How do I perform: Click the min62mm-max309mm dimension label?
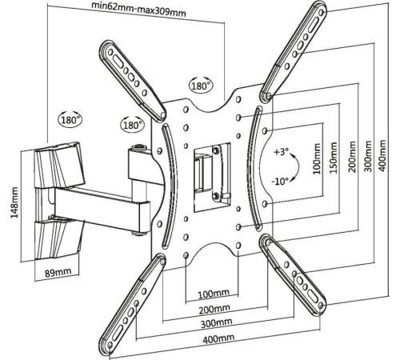138,10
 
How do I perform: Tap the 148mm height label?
14,202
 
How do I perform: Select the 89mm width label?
58,273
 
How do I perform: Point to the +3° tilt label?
281,152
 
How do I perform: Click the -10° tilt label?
280,182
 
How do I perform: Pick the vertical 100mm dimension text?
317,159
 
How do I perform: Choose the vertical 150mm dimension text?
334,158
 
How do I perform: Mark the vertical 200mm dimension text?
352,157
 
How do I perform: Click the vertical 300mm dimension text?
368,156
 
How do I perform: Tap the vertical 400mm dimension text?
382,155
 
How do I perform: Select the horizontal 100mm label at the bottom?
214,294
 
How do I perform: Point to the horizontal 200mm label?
214,309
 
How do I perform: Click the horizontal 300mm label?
216,323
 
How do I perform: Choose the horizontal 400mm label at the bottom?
218,338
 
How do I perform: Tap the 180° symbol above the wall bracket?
70,119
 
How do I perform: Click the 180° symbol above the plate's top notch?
202,86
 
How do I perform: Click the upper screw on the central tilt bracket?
215,150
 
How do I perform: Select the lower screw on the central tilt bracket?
216,196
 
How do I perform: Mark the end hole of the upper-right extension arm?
322,13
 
